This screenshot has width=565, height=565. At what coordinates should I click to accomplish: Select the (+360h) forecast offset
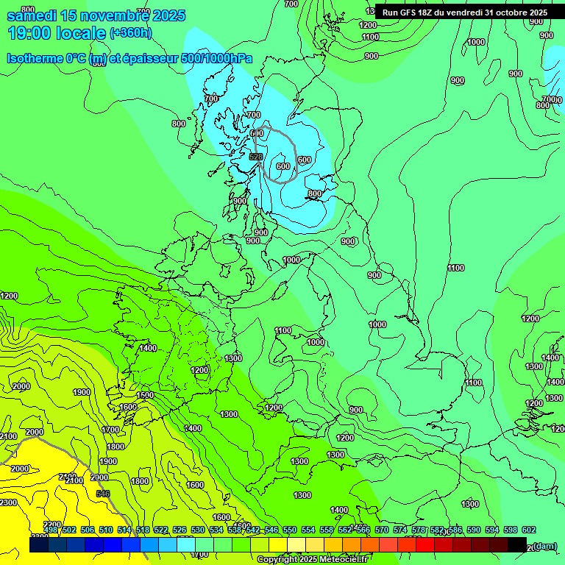point(130,33)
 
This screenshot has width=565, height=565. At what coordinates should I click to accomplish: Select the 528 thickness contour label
point(256,157)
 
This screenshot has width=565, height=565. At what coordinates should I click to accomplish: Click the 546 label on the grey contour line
point(103,494)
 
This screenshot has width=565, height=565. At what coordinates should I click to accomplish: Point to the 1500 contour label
point(145,395)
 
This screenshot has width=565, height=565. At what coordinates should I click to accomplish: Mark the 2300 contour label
point(8,502)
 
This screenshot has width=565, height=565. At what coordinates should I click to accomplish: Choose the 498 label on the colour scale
point(51,530)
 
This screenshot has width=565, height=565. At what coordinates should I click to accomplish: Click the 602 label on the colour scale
point(529,530)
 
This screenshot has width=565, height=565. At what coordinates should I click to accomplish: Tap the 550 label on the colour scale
point(290,530)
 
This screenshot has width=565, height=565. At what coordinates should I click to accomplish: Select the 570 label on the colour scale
point(382,530)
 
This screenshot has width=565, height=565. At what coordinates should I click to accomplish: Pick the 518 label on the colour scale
point(143,530)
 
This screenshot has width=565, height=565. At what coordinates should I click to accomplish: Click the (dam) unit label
point(545,546)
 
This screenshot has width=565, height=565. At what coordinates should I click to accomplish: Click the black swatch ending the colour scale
point(517,544)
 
